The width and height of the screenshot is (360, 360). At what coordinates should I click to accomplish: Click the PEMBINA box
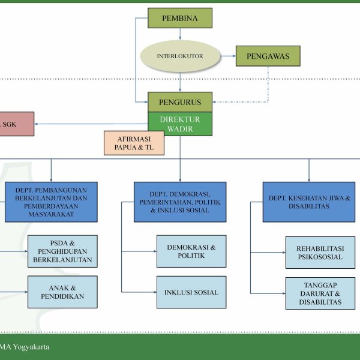(180, 18)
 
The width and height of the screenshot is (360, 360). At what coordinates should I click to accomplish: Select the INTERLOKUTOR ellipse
(180, 56)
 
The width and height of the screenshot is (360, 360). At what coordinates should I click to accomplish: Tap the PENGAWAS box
(268, 56)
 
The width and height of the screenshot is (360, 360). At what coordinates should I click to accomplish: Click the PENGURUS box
(180, 102)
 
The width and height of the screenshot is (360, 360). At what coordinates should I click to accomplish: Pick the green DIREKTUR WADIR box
(180, 124)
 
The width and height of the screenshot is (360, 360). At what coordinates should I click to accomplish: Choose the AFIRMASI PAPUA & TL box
(134, 143)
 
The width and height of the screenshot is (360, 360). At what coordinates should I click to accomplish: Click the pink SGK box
(16, 124)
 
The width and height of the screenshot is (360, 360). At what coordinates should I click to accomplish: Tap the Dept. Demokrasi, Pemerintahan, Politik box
(180, 202)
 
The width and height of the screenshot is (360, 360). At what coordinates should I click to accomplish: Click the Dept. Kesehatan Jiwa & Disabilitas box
(309, 202)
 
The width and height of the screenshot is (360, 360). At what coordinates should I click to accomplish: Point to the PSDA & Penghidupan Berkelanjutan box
(62, 251)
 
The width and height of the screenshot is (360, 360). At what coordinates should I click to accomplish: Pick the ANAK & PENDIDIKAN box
(62, 292)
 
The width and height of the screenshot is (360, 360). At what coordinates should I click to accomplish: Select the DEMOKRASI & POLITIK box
(191, 251)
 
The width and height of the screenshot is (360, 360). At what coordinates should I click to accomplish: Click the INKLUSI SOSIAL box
(191, 292)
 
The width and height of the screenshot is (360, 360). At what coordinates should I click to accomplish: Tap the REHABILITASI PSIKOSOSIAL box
(320, 252)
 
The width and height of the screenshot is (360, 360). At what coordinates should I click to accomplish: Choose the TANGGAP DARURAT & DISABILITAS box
(320, 293)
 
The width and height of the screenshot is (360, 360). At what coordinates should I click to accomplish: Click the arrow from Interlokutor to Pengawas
(227, 56)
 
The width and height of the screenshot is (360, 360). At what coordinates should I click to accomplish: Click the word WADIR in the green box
(180, 129)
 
